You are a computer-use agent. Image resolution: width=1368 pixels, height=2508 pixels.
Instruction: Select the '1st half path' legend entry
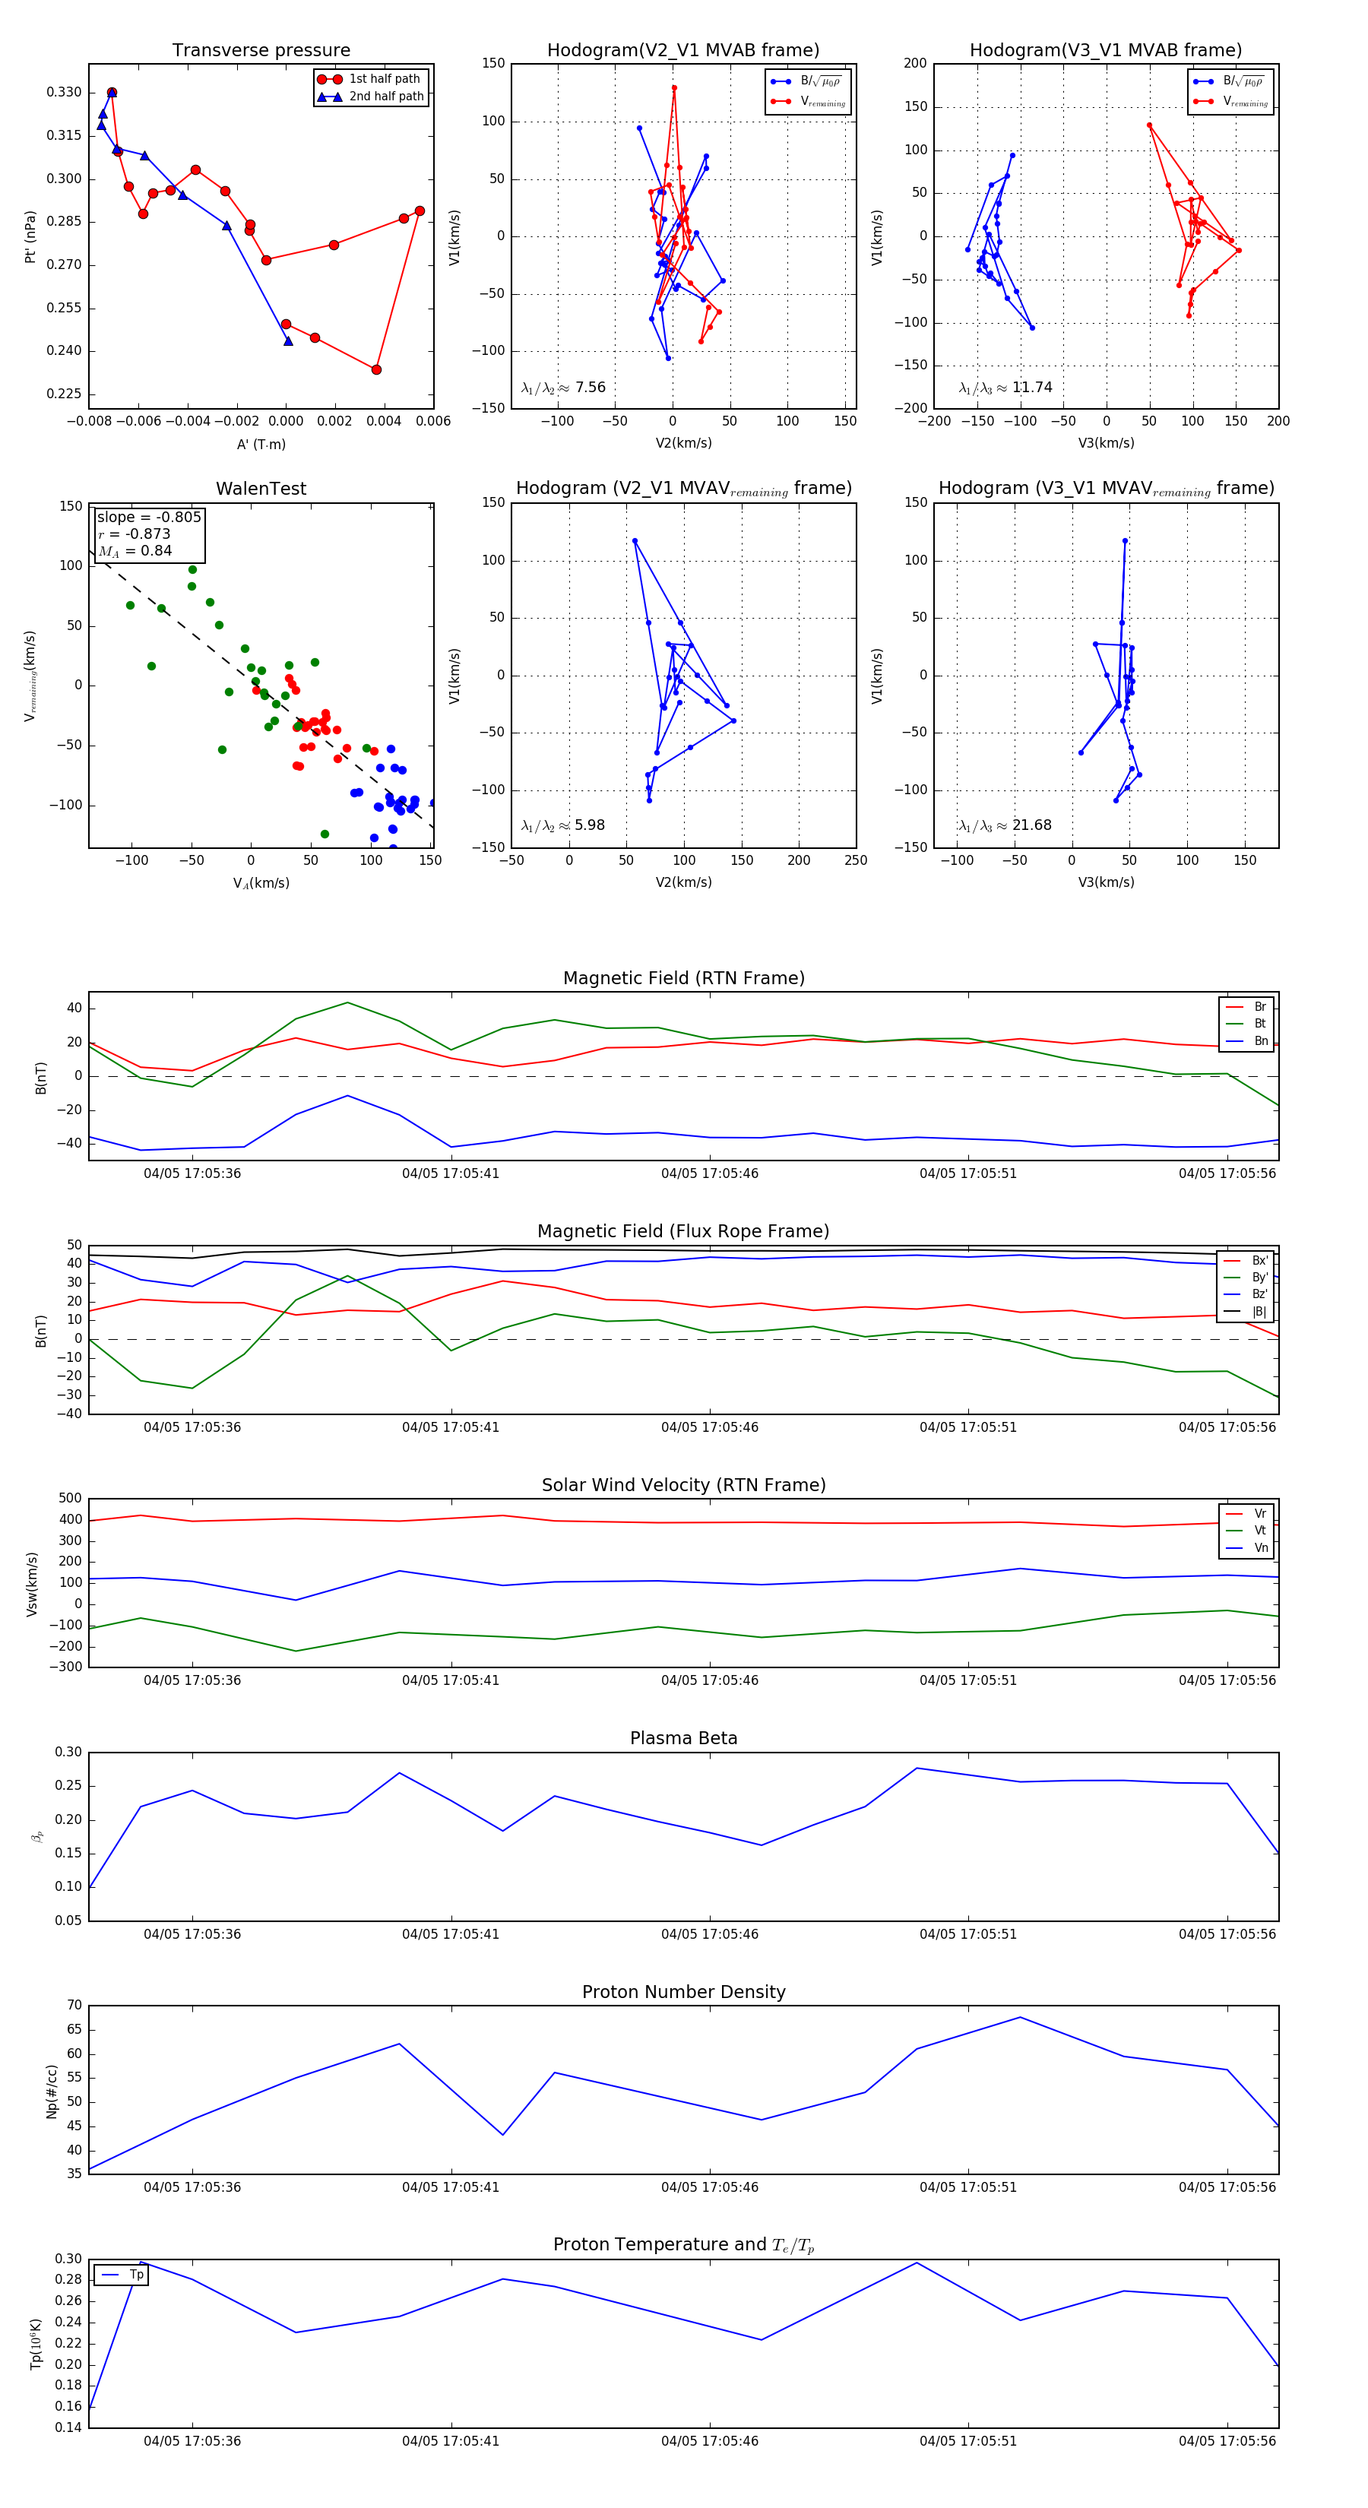coord(384,79)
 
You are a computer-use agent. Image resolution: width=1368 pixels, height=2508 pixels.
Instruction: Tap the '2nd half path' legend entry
coord(385,97)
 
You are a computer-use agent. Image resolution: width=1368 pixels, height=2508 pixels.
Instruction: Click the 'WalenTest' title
coord(261,489)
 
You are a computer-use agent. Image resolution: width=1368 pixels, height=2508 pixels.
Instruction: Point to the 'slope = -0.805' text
coord(149,517)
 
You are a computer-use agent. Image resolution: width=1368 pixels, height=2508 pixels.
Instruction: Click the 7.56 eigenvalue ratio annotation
coord(590,388)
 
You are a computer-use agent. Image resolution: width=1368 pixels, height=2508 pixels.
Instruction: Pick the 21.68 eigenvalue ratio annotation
coord(1032,825)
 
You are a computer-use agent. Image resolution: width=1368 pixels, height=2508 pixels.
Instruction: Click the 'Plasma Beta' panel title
coord(683,1739)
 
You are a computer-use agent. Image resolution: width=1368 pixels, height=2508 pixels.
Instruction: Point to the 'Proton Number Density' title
coord(683,1992)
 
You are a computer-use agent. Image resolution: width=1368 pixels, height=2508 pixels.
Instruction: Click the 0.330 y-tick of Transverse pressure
coord(65,93)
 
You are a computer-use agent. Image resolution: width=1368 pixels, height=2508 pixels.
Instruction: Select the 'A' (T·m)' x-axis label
coord(261,445)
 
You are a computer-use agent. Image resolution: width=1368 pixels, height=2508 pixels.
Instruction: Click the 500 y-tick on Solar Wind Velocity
coord(70,1499)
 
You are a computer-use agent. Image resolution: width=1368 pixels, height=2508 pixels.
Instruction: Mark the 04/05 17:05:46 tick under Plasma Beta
coord(710,1933)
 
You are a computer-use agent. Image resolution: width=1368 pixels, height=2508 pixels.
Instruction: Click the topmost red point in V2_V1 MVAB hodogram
coord(674,87)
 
